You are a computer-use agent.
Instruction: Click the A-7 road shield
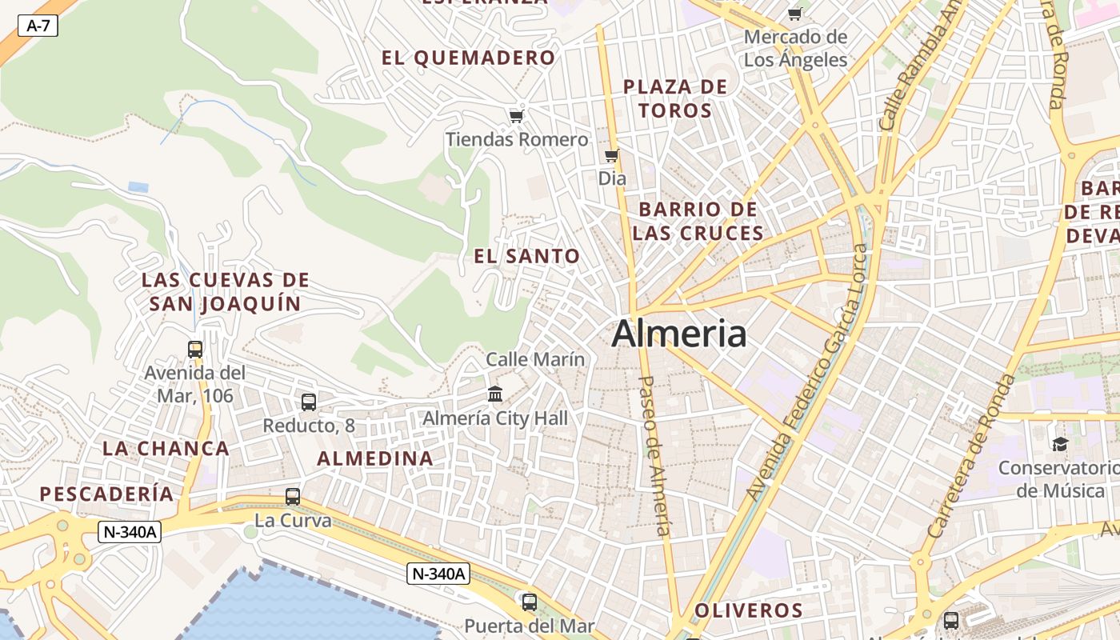click(x=38, y=26)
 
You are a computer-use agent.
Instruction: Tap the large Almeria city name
click(x=679, y=334)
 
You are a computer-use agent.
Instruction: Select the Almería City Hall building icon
click(x=495, y=394)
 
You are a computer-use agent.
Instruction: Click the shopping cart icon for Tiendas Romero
click(x=517, y=117)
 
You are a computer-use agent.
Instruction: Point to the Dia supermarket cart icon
click(x=612, y=155)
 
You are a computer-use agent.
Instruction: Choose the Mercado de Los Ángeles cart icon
click(x=795, y=14)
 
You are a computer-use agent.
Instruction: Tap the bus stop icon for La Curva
click(x=293, y=497)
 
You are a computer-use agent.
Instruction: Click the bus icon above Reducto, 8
click(x=309, y=402)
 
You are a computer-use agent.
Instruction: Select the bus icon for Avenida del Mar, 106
click(x=195, y=350)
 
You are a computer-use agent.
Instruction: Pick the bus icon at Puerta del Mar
click(x=529, y=602)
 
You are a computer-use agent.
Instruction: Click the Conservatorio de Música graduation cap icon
click(x=1060, y=444)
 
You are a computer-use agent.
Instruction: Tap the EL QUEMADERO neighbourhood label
click(x=468, y=58)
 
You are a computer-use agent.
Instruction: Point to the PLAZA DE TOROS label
click(x=675, y=98)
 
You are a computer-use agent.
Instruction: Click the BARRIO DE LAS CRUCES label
click(x=698, y=222)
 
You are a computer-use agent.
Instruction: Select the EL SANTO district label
click(x=527, y=257)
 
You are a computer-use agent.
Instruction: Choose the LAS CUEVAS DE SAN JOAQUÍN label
click(x=226, y=292)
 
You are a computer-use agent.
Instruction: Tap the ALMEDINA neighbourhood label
click(x=375, y=459)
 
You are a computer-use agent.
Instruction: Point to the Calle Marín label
click(x=535, y=360)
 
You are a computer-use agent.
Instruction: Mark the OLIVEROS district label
click(x=749, y=610)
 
